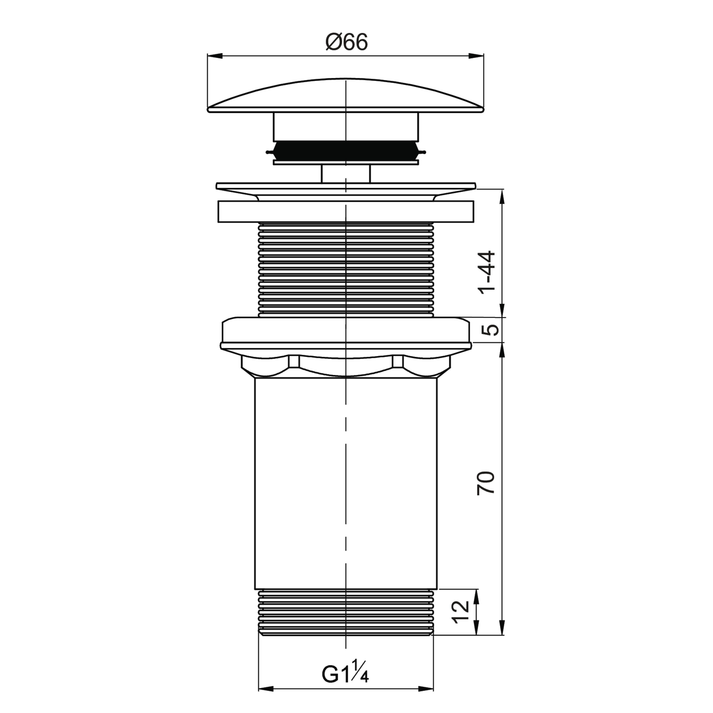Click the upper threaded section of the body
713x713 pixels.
coord(346,270)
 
